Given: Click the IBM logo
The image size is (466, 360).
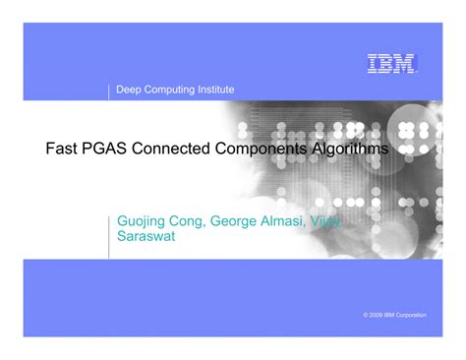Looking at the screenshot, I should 392,64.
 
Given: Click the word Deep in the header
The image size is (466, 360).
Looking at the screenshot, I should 129,90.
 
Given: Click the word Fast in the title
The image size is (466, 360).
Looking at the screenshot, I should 62,149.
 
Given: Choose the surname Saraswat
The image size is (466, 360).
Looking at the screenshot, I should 146,237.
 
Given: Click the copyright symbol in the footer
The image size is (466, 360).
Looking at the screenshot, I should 366,314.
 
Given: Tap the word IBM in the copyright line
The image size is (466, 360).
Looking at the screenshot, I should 396,314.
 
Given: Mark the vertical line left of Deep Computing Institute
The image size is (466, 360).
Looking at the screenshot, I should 108,91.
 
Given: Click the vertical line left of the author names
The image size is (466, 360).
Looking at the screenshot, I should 108,229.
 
